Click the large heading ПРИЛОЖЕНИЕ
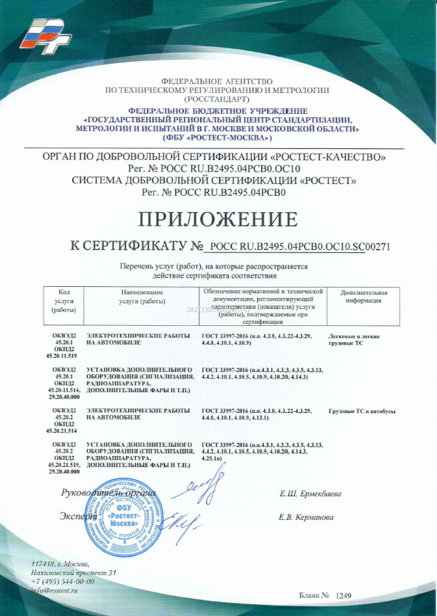tap(218, 218)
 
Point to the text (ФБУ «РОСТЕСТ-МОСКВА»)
tap(218, 138)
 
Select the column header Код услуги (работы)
tap(64, 301)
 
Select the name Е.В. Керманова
tap(306, 518)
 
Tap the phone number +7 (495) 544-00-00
tap(63, 581)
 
